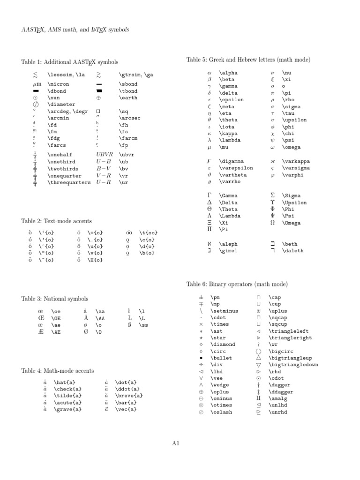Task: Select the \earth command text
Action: tap(128, 97)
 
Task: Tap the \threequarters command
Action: tap(69, 182)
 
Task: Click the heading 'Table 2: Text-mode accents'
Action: tap(56, 221)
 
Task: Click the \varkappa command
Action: tap(296, 161)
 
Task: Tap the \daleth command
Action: tap(292, 251)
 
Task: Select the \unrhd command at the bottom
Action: tap(277, 412)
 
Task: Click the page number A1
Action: tap(176, 443)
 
